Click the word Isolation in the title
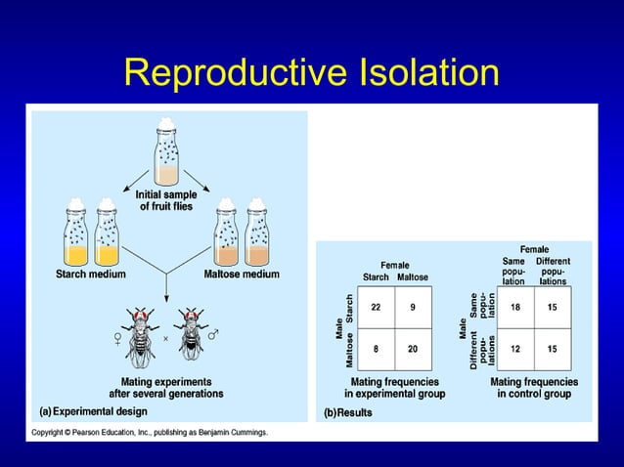click(416, 73)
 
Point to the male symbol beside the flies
click(213, 335)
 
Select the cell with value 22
click(376, 307)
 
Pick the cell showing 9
click(413, 307)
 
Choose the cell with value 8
click(376, 348)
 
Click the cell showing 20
click(413, 348)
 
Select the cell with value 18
click(516, 307)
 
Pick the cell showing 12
click(516, 348)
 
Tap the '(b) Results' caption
click(348, 412)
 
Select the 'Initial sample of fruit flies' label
click(166, 201)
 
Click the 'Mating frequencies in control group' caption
click(534, 388)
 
